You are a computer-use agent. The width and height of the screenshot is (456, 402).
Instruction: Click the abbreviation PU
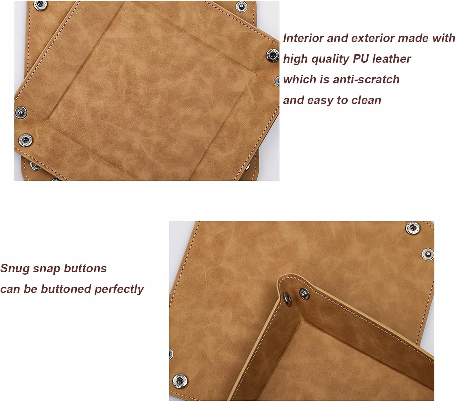361,59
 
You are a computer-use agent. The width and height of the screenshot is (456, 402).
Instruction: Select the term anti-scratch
366,79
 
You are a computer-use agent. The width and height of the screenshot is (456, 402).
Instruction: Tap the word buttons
85,268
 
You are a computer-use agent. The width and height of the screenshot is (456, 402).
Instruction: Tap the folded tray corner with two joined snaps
295,297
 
